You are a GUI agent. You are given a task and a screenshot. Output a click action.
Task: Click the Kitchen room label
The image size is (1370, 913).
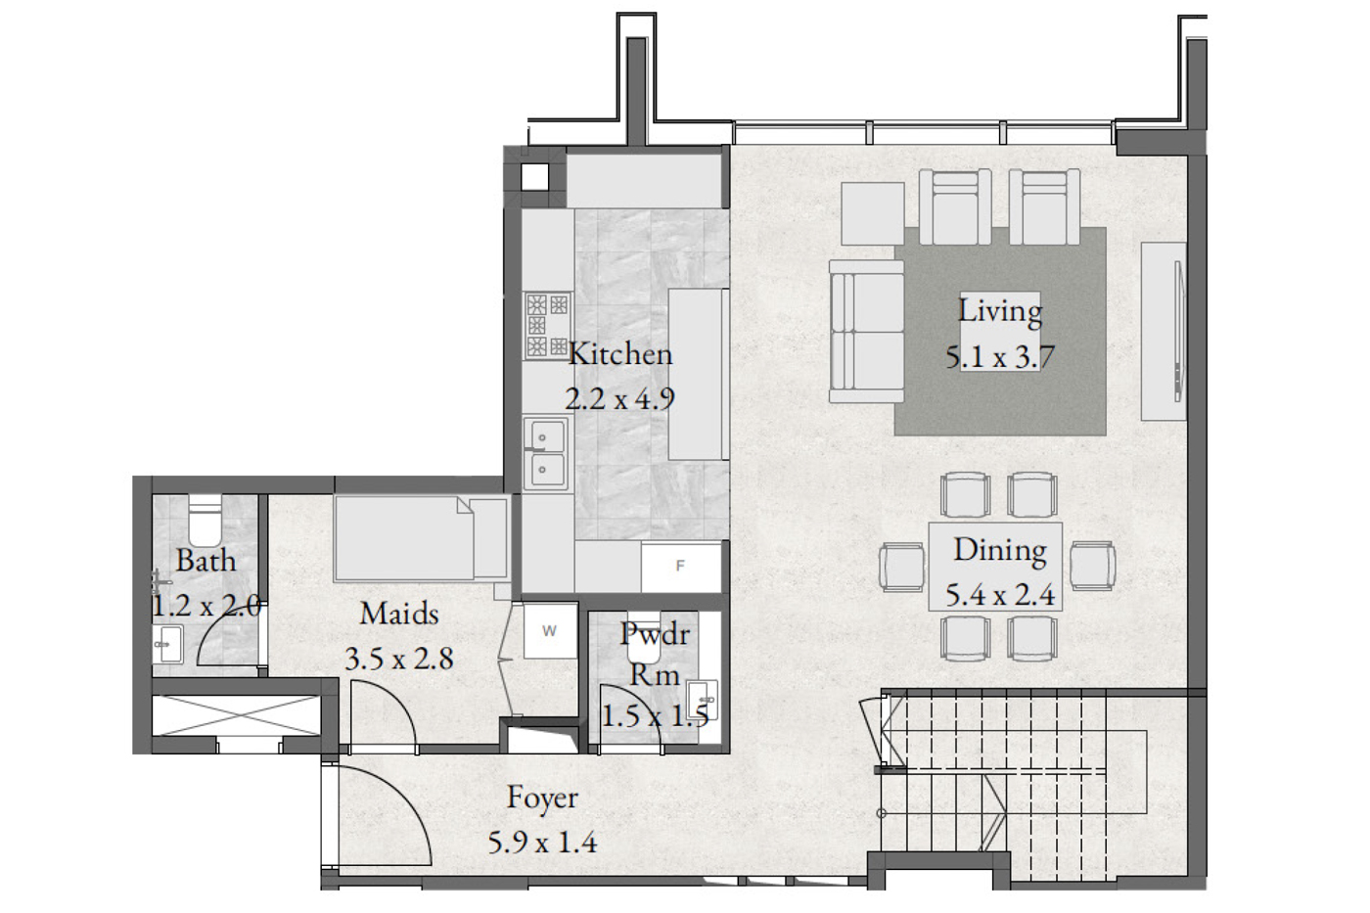pos(620,354)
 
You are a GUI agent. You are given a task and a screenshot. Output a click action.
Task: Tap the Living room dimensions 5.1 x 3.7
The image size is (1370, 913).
pos(1000,357)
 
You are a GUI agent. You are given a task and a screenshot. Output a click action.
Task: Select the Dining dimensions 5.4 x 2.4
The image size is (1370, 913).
pos(1000,595)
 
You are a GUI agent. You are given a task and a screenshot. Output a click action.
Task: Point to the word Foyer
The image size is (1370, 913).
pos(542,799)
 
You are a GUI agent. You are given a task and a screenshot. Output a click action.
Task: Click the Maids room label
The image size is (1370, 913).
pos(399,614)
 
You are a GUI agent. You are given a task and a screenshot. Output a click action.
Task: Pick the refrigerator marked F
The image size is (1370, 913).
pos(681,567)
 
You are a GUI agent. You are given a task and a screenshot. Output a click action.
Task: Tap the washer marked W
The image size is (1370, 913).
pos(550,630)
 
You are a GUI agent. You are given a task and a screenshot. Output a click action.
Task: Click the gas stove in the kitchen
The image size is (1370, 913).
pos(547,325)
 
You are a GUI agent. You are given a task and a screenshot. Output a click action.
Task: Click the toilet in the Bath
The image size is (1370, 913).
pos(205,521)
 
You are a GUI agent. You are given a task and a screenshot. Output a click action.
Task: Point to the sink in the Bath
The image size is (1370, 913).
pos(167,643)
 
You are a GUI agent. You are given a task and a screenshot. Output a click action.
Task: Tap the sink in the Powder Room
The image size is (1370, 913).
pos(702,700)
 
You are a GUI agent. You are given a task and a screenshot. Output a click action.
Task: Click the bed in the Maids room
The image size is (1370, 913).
pos(420,538)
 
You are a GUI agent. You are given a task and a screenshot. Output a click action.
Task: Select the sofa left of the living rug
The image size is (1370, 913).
pos(867,331)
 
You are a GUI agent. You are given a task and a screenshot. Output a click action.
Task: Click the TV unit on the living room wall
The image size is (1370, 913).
pos(1164,331)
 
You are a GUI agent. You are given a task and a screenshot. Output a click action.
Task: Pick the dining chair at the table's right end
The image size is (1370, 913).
pos(1093,567)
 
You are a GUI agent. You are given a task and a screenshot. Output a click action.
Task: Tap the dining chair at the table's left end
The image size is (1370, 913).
pos(902,568)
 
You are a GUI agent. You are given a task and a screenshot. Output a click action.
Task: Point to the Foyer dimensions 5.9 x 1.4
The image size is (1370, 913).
pos(542,844)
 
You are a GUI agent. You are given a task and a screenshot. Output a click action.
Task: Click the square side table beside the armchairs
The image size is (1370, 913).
pos(873,214)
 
